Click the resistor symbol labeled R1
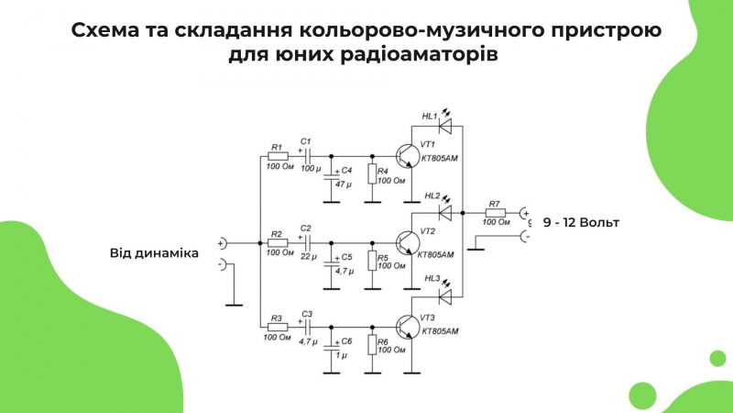click(279, 156)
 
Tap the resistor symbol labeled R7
click(495, 213)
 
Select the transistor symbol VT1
click(406, 156)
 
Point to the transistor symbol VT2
click(406, 243)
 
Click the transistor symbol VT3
click(406, 327)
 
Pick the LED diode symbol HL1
click(444, 126)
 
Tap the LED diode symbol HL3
click(444, 296)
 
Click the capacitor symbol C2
click(308, 243)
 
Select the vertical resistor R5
click(372, 261)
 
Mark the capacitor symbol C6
click(332, 348)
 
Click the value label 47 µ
click(344, 184)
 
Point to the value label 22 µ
click(309, 257)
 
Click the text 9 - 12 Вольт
click(581, 222)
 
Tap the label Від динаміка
click(154, 253)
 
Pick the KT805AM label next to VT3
click(440, 331)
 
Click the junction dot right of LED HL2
click(463, 213)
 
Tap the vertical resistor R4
click(372, 173)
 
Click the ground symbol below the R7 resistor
click(476, 249)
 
